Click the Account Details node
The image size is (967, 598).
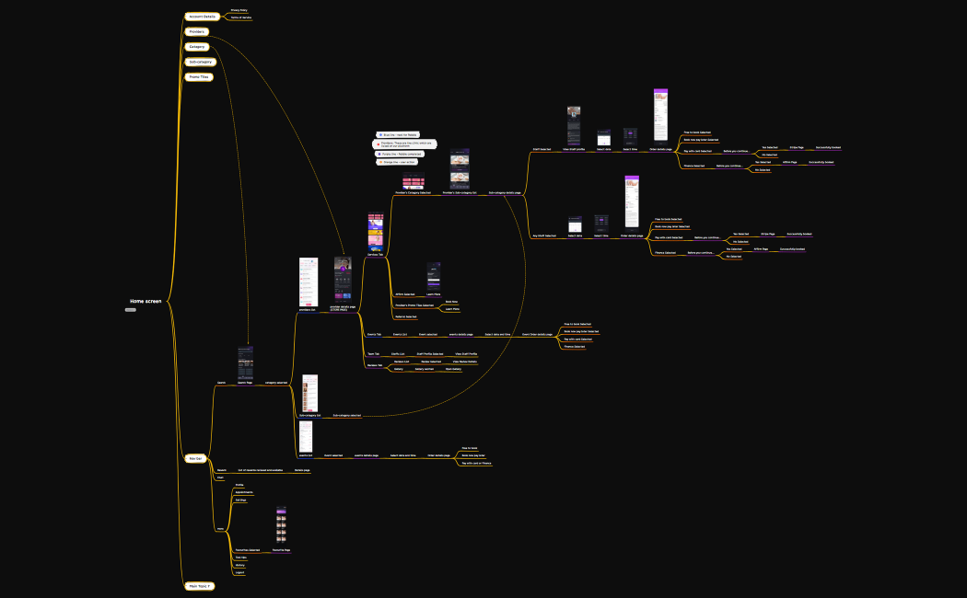tap(203, 17)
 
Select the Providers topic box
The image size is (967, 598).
tap(197, 31)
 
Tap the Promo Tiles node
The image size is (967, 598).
tap(199, 77)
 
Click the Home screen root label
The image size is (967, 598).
tap(146, 301)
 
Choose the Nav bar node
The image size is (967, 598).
tap(195, 457)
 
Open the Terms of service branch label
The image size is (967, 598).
tap(240, 17)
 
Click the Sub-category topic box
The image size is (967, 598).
tap(200, 62)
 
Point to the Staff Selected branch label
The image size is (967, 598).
tap(542, 148)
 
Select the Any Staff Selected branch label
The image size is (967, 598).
tap(544, 236)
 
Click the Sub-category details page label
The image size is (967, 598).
tap(505, 193)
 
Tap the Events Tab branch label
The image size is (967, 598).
tap(374, 334)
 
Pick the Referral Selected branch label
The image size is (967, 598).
tap(406, 316)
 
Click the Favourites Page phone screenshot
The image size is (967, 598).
tap(282, 525)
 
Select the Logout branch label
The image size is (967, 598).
tap(239, 572)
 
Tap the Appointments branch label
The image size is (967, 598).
tap(244, 492)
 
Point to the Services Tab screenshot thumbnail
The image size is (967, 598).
tap(376, 234)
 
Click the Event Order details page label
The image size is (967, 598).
tap(537, 335)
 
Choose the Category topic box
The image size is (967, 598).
tap(197, 46)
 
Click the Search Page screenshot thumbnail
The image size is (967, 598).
tap(246, 363)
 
